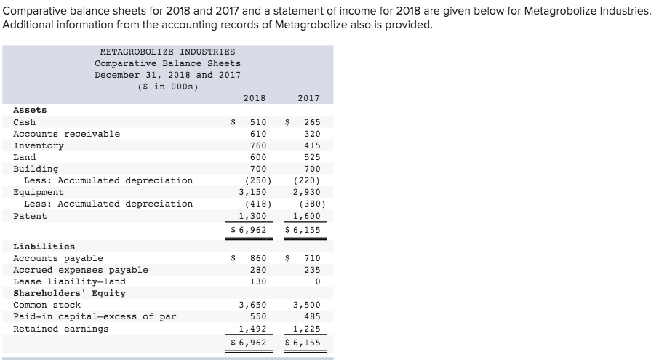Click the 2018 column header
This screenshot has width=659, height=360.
[x=254, y=98]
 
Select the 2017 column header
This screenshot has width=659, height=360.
[x=309, y=98]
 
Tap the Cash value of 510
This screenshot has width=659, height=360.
[x=257, y=122]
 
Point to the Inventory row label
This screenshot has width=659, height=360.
[x=39, y=145]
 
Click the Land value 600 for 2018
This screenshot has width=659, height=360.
[x=257, y=157]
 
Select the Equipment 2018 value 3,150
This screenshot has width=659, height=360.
[x=253, y=192]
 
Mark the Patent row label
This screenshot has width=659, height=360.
[x=30, y=216]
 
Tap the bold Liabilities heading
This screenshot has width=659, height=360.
[x=44, y=247]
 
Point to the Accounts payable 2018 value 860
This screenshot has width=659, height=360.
[x=257, y=258]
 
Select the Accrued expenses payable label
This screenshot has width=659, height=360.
[x=80, y=270]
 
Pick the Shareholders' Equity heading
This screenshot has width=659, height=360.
[x=69, y=293]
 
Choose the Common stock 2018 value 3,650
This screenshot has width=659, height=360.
[x=253, y=305]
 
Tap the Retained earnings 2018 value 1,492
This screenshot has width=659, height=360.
[x=253, y=328]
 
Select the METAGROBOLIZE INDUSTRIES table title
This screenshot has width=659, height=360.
[x=167, y=52]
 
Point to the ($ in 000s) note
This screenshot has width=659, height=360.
[x=167, y=87]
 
